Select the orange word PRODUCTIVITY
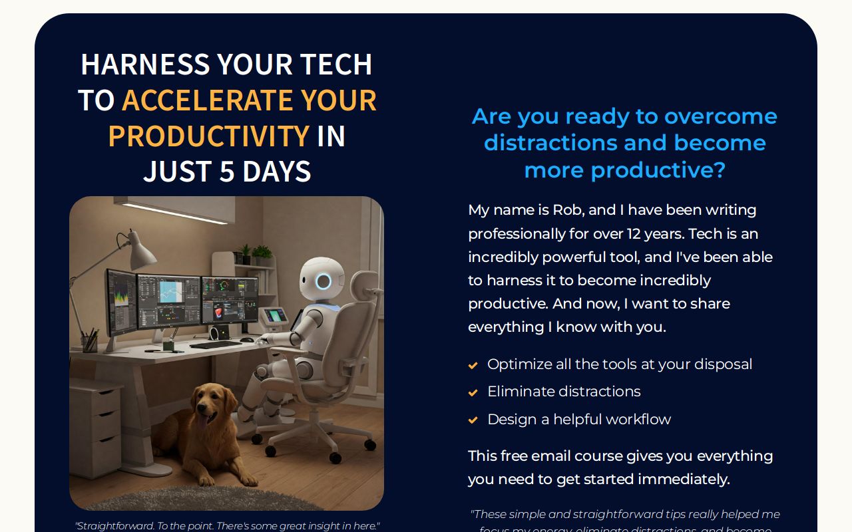(x=208, y=136)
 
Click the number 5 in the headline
(x=227, y=172)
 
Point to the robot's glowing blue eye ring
(x=323, y=281)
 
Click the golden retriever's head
(x=204, y=405)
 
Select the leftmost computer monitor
(x=120, y=303)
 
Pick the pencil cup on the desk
(x=89, y=342)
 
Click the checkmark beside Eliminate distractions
(x=473, y=392)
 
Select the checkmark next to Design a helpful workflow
(x=473, y=420)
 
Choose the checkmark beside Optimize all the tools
(x=473, y=365)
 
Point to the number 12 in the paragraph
(x=634, y=234)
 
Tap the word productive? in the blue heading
(x=658, y=170)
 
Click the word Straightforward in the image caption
(x=114, y=526)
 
